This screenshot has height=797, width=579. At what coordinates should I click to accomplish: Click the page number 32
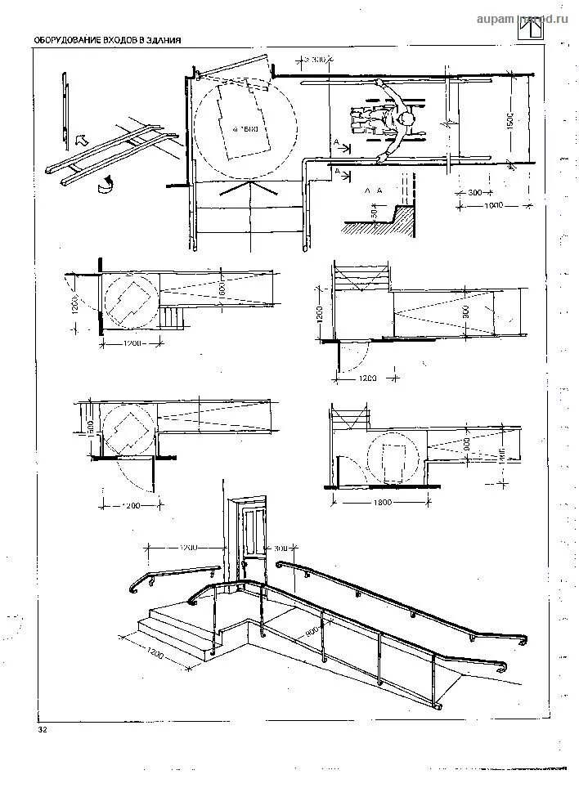click(43, 730)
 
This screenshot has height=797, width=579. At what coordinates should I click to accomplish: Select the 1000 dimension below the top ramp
click(491, 204)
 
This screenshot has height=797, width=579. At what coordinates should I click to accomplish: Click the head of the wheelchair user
click(405, 122)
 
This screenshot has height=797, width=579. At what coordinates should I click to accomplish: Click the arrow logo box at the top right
click(532, 29)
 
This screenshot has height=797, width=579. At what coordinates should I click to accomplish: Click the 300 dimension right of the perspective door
click(281, 548)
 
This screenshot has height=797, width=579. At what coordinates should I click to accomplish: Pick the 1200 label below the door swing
click(366, 378)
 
